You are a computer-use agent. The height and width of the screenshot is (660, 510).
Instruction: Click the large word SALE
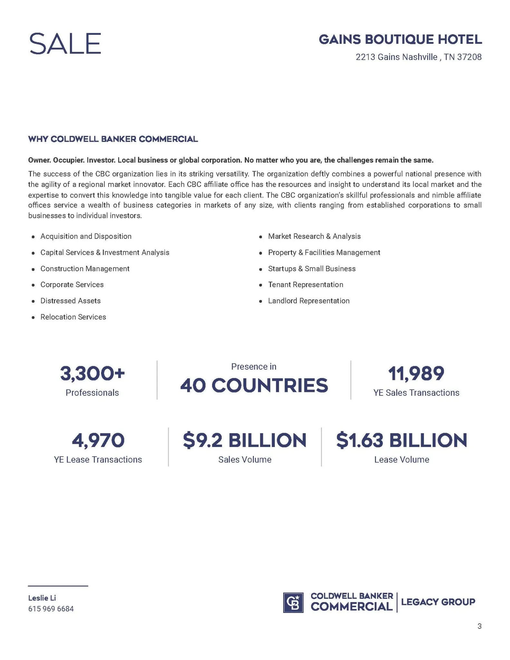(65, 44)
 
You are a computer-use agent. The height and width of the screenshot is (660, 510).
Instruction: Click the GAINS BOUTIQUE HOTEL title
(400, 40)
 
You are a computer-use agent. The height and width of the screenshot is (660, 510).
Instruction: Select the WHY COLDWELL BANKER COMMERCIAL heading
(113, 139)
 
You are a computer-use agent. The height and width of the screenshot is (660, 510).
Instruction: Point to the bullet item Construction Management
(85, 269)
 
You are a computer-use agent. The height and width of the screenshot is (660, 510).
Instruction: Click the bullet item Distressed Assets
(70, 301)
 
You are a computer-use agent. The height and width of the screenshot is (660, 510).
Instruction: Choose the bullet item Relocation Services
(73, 317)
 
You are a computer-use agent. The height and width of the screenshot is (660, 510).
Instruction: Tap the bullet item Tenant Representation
(305, 285)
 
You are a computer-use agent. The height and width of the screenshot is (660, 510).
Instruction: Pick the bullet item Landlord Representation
(309, 301)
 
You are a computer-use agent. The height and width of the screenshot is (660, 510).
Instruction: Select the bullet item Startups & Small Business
(312, 269)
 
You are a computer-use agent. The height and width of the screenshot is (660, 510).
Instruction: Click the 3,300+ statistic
(92, 374)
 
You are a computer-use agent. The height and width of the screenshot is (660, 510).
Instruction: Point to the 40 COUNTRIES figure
(254, 385)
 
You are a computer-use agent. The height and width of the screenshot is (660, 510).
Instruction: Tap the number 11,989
(416, 374)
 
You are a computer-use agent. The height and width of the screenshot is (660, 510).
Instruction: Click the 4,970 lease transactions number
(98, 441)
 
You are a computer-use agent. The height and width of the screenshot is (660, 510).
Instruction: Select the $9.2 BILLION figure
(245, 441)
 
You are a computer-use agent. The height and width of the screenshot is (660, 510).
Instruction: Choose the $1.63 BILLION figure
(402, 441)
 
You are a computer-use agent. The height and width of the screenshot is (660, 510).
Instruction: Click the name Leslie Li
(42, 598)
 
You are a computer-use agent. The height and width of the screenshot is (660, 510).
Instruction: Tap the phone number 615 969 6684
(51, 609)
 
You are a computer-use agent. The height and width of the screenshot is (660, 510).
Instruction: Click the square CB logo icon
(293, 603)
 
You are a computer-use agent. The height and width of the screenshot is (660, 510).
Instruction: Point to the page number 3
(479, 626)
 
